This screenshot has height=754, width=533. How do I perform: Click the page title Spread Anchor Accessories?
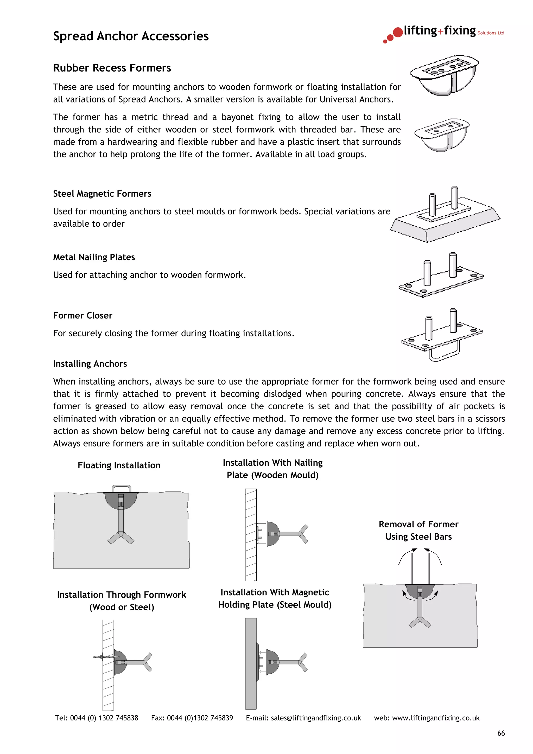point(131,36)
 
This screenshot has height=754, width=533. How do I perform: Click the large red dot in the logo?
point(398,32)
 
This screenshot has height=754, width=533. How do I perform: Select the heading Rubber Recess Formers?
point(112,68)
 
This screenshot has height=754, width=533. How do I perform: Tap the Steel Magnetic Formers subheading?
point(102,194)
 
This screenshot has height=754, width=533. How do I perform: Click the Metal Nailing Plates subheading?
point(94,257)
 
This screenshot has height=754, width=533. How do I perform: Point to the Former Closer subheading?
point(83,316)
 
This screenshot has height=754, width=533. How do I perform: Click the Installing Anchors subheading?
point(90,364)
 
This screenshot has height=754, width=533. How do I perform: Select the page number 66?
point(501,733)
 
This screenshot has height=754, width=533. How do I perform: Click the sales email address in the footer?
point(316,718)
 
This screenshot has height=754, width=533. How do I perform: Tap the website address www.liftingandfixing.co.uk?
point(436,718)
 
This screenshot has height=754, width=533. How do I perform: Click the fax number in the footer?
point(200,718)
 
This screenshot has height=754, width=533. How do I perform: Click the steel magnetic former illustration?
point(445,217)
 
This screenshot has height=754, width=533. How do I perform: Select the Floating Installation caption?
point(119,465)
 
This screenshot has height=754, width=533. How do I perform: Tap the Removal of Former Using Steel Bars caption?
point(418,530)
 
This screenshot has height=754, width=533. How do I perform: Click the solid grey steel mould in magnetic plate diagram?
point(251,663)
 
